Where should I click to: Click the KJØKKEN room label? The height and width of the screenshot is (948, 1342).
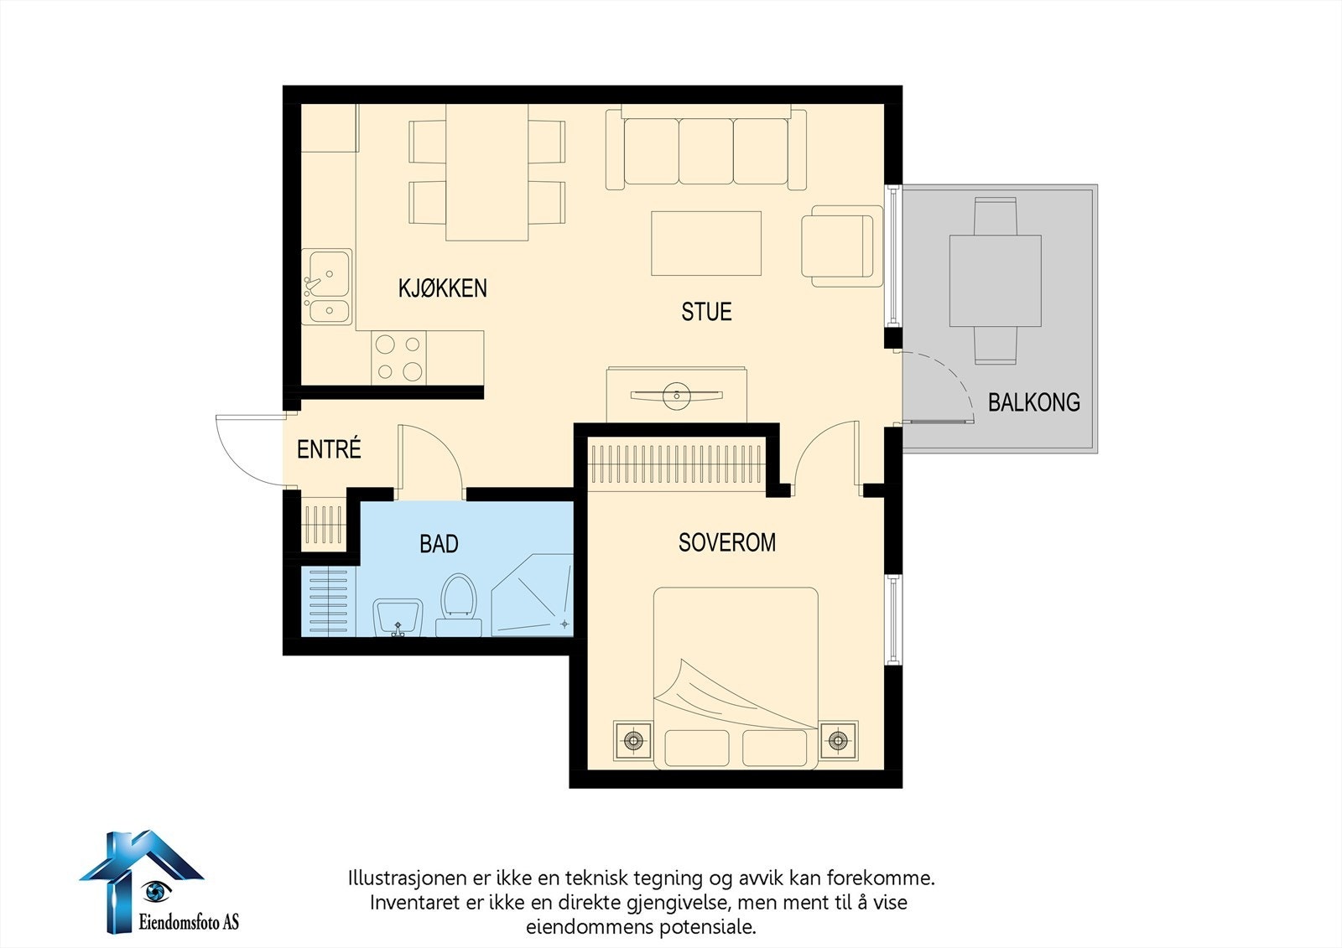click(443, 288)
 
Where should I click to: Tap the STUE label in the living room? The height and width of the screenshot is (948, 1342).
click(706, 312)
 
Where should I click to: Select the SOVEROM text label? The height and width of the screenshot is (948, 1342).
click(726, 542)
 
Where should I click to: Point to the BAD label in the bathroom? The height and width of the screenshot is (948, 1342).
click(439, 544)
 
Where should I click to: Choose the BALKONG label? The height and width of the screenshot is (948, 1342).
click(1034, 401)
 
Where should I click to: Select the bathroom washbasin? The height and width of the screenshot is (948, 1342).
click(398, 618)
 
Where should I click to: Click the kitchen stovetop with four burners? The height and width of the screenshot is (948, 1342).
click(399, 358)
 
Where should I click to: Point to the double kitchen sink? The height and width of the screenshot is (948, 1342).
click(326, 287)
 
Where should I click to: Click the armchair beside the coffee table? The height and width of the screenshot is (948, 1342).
click(842, 246)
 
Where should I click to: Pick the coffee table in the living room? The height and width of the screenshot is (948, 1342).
click(706, 243)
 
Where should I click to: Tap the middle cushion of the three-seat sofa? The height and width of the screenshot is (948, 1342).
click(706, 151)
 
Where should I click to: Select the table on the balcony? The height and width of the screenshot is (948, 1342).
click(995, 280)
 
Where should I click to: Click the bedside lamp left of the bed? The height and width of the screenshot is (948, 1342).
click(632, 741)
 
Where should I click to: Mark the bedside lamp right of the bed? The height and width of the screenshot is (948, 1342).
click(838, 741)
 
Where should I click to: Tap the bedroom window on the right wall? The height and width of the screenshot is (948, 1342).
click(894, 619)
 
